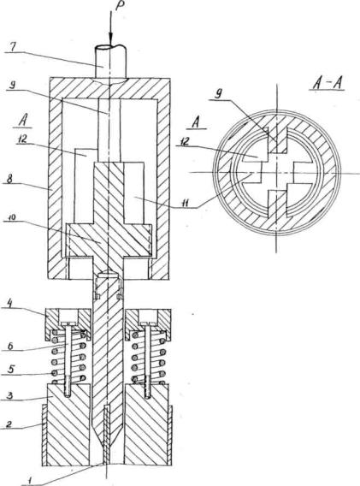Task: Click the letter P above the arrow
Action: pos(119,6)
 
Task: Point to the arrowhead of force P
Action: pos(110,39)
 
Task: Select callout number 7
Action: pos(13,47)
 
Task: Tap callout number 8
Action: pos(10,180)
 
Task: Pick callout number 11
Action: pos(186,204)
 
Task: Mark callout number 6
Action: pos(10,346)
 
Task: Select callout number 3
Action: pos(9,395)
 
